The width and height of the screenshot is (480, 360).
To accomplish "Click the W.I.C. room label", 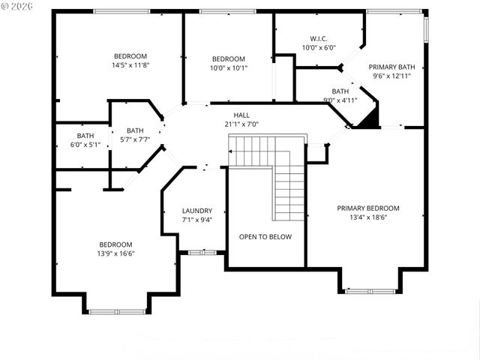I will pyautogui.click(x=319, y=38).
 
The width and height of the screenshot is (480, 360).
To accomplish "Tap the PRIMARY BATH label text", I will pyautogui.click(x=391, y=66).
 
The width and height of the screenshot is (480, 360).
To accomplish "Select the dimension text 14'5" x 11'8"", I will pyautogui.click(x=130, y=65).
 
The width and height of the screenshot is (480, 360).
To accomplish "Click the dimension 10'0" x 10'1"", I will pyautogui.click(x=228, y=68).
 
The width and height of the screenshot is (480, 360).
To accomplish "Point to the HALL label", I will pyautogui.click(x=241, y=115).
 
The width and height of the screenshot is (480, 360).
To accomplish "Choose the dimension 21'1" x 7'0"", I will pyautogui.click(x=241, y=124).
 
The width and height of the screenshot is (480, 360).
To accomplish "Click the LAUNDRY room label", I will pyautogui.click(x=197, y=211).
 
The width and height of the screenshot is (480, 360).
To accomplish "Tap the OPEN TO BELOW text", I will pyautogui.click(x=265, y=237).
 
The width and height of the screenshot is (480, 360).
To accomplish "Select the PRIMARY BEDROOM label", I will pyautogui.click(x=367, y=208).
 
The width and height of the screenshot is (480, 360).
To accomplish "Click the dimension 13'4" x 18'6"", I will pyautogui.click(x=367, y=217).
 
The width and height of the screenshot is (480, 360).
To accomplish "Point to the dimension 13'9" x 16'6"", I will pyautogui.click(x=115, y=253).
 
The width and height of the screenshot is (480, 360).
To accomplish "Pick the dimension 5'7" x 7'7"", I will pyautogui.click(x=135, y=139).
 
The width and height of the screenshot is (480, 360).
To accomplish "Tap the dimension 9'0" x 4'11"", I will pyautogui.click(x=340, y=100).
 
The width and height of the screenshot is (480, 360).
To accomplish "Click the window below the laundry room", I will pyautogui.click(x=202, y=253).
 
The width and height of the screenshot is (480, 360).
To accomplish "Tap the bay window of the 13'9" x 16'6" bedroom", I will pyautogui.click(x=117, y=310).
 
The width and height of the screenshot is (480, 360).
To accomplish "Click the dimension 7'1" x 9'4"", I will pyautogui.click(x=197, y=220).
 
